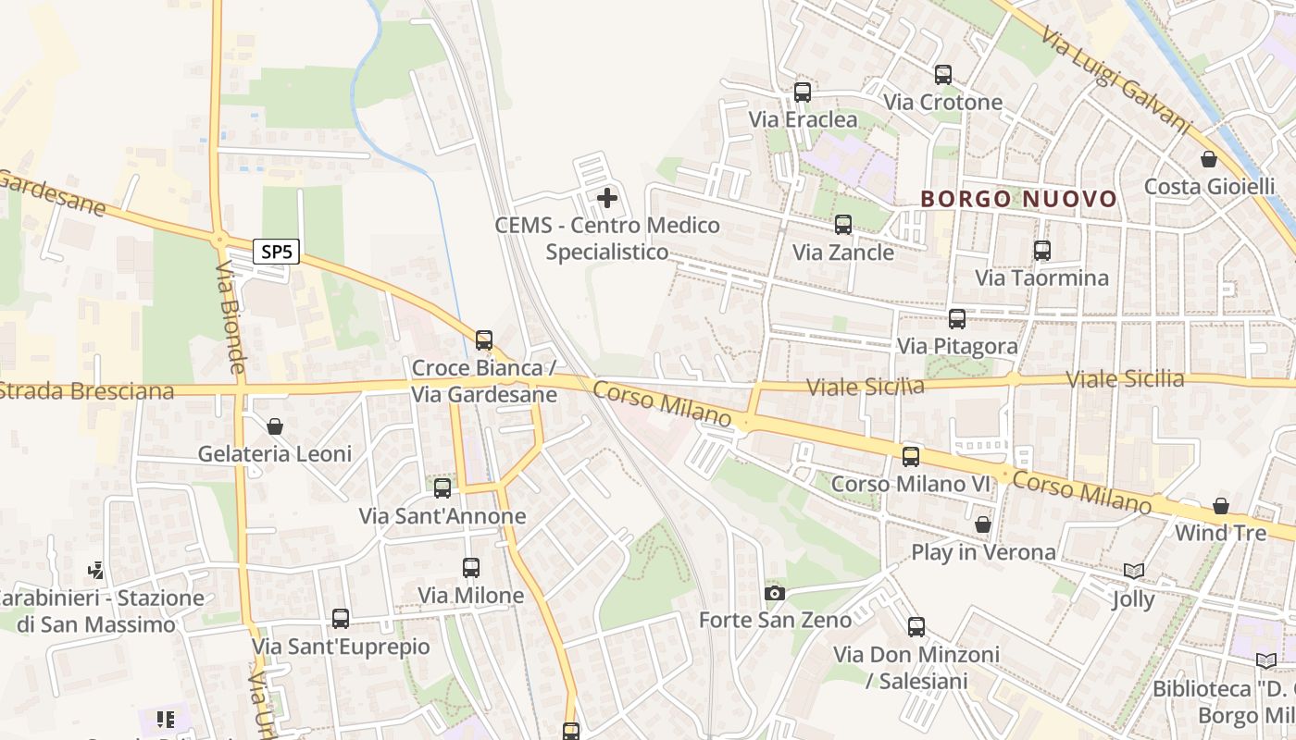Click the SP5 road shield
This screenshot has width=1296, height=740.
click(277, 252)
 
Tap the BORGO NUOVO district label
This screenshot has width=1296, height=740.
click(1019, 199)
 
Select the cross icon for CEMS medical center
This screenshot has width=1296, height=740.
click(607, 197)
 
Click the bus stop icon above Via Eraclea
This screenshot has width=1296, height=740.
click(803, 92)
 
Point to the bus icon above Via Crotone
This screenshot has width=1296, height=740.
click(943, 75)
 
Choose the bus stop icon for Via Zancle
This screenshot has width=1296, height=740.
click(843, 225)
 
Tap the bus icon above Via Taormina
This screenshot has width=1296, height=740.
click(1042, 250)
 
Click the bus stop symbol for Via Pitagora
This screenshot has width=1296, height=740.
click(957, 319)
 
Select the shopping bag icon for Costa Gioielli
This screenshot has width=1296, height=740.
click(1209, 159)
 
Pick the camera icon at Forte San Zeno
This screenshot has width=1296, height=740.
click(775, 593)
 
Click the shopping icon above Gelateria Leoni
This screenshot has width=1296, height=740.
click(275, 426)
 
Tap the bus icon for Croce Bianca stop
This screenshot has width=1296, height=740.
click(484, 340)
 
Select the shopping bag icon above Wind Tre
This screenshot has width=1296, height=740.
click(1221, 506)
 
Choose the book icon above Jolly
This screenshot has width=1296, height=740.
click(1134, 572)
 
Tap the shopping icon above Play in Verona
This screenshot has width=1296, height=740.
click(983, 525)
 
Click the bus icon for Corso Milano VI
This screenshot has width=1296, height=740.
click(911, 456)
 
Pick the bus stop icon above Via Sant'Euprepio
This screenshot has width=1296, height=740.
click(341, 618)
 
